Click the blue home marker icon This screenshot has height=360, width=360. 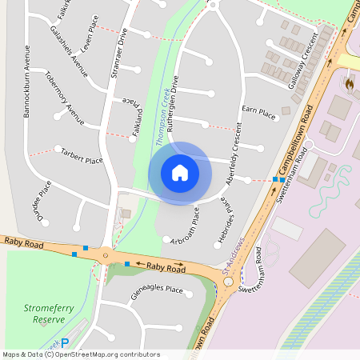point(180,173)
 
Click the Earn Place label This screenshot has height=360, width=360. point(258,113)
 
